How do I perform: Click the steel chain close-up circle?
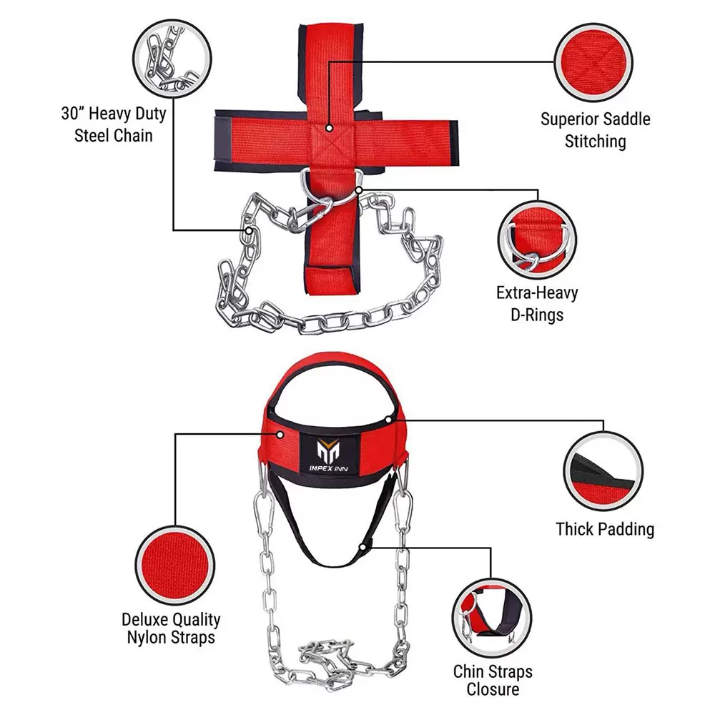click(x=172, y=59)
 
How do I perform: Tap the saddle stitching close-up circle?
click(x=593, y=62)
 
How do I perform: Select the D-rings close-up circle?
click(x=537, y=240)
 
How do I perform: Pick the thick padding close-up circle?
click(x=603, y=471)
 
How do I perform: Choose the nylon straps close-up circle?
click(x=174, y=566)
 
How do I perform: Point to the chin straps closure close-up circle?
click(x=492, y=618)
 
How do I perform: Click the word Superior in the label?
click(x=568, y=119)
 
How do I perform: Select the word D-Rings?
click(x=537, y=315)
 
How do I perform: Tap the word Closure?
click(x=493, y=689)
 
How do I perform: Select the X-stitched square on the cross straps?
click(x=329, y=139)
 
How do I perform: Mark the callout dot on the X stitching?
click(x=329, y=129)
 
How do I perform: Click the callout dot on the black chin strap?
click(x=363, y=547)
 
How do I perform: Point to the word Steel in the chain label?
click(x=92, y=135)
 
